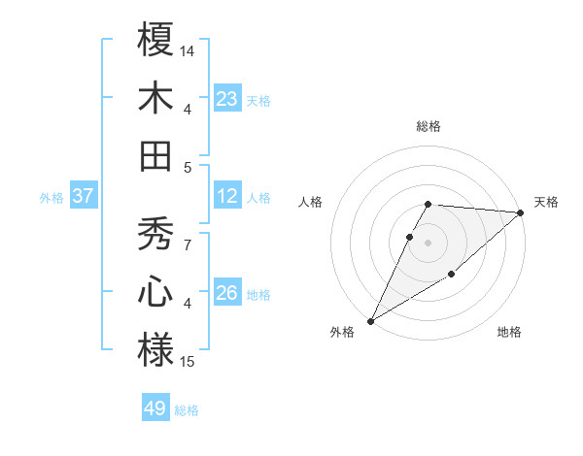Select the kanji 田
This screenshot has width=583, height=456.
(155, 154)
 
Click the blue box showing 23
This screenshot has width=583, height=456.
(227, 99)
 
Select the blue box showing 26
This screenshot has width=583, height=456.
(227, 293)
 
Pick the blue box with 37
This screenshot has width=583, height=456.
(84, 197)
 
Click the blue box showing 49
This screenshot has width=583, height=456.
(155, 408)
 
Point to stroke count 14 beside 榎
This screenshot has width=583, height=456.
(188, 49)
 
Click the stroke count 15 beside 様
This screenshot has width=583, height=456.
(188, 362)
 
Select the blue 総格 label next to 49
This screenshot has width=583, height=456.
(187, 410)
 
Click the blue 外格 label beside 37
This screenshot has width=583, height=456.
(51, 198)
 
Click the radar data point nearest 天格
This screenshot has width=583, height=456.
(521, 213)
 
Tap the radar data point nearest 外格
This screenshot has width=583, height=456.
(370, 320)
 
